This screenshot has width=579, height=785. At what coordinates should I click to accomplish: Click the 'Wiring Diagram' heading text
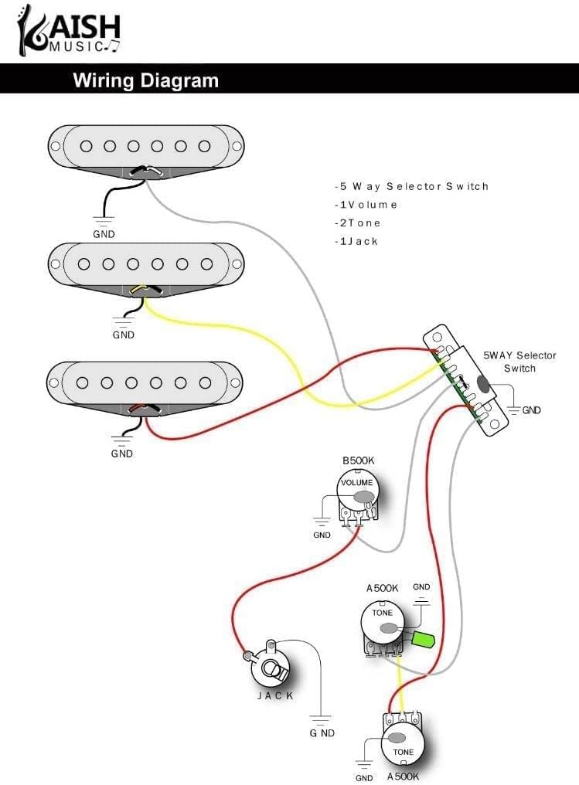point(145,80)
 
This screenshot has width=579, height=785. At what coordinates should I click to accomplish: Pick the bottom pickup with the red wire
point(145,382)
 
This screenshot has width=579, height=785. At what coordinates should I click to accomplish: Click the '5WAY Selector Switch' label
point(519,362)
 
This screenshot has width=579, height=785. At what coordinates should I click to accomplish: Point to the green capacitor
point(423,639)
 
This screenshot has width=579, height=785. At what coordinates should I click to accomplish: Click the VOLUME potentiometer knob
point(357,489)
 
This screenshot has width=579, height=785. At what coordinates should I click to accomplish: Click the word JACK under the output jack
point(275,695)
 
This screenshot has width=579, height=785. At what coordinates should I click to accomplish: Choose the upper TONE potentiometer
point(383,621)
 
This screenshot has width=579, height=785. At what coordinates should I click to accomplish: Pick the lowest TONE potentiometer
point(404,747)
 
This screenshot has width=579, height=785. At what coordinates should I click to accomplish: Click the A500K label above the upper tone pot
point(382,588)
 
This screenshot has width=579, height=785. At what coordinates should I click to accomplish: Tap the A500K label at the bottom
point(404,776)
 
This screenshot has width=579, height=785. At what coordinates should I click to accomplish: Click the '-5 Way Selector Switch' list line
point(411,186)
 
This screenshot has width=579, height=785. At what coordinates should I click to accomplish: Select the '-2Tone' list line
point(357,223)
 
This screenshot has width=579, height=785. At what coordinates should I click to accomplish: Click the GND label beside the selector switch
point(531,410)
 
